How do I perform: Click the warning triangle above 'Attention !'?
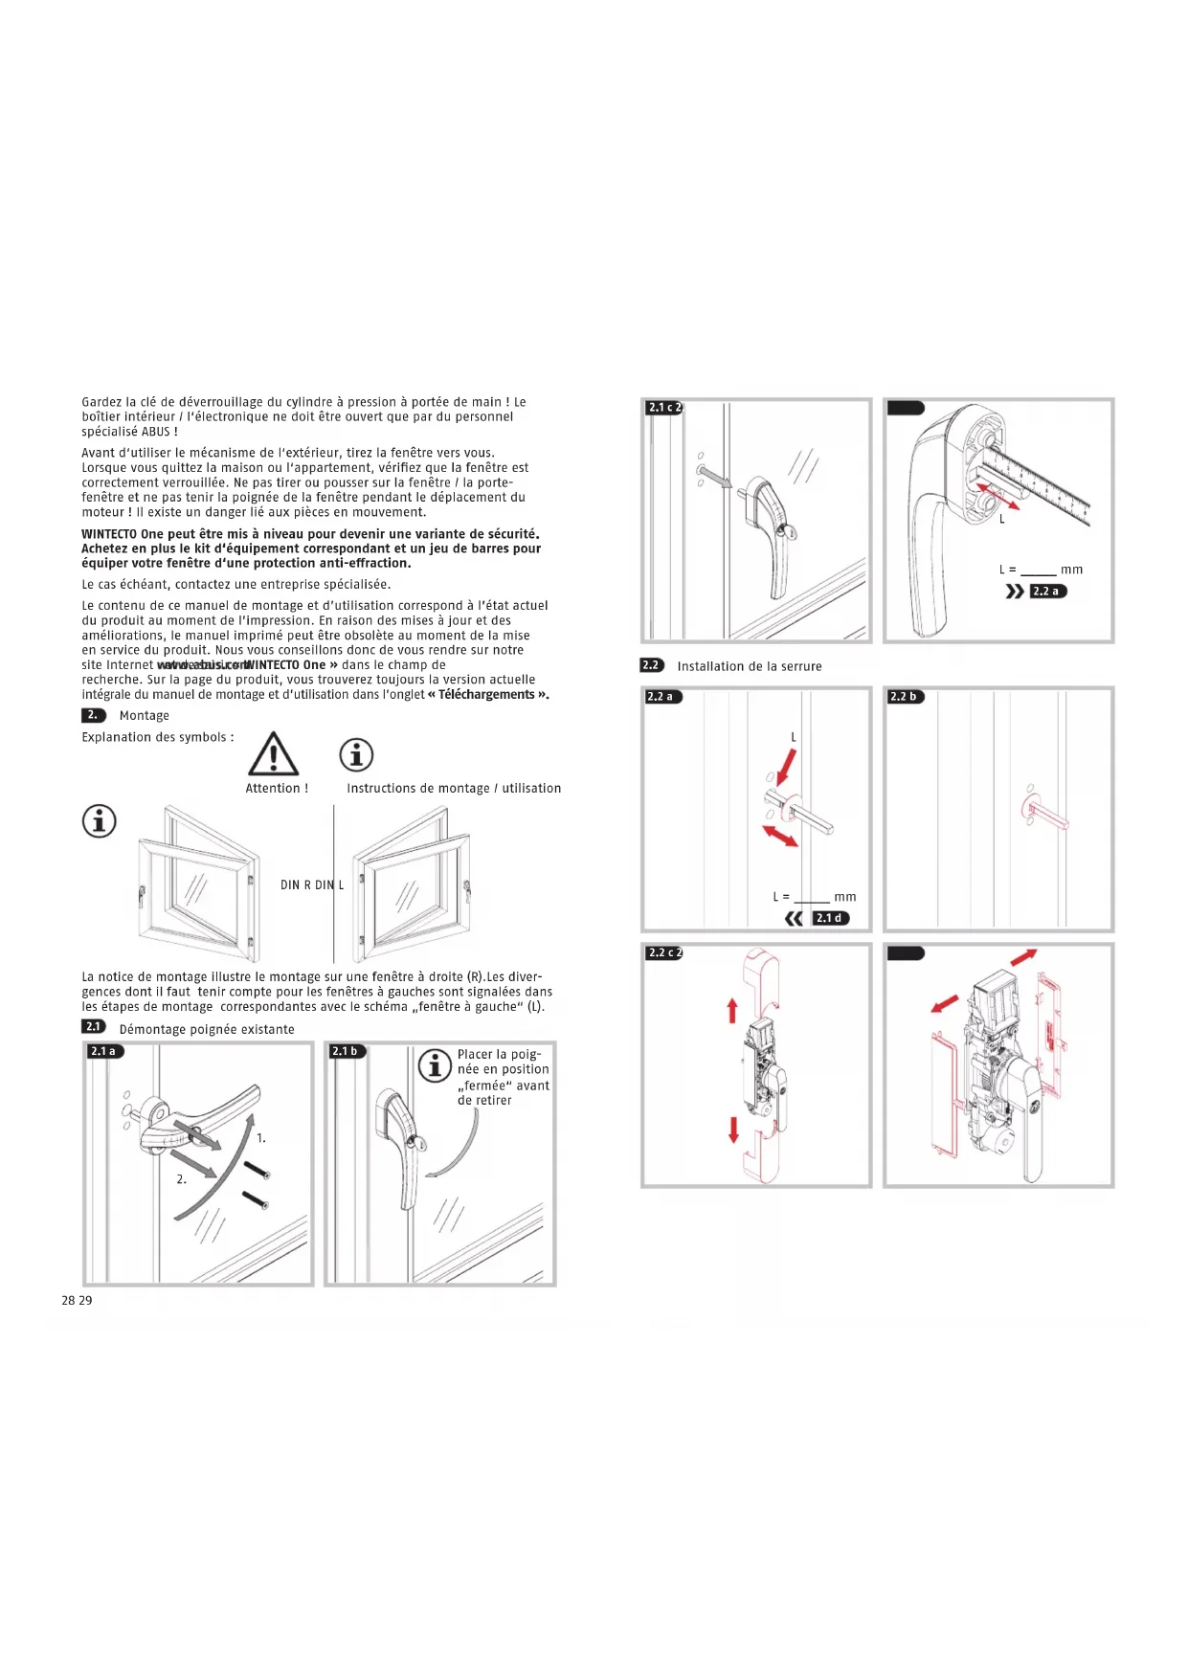point(273,754)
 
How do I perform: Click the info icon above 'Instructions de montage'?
point(356,755)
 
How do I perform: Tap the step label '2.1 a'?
point(103,1051)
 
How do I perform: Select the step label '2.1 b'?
point(345,1051)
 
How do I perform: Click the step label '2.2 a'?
point(661,697)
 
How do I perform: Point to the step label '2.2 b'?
point(904,697)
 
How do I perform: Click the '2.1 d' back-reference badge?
point(829,918)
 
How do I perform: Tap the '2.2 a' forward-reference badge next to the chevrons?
point(1046,592)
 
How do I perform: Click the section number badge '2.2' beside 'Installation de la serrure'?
point(651,665)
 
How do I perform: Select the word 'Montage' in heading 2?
point(144,716)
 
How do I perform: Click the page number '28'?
point(68,1300)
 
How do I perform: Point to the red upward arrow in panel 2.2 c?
point(732,1010)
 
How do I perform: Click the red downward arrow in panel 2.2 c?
point(733,1130)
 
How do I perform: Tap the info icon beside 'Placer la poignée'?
point(435,1064)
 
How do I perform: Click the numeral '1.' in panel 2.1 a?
point(261,1138)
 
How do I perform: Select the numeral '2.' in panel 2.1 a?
point(181,1179)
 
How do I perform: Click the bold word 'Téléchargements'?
point(486,695)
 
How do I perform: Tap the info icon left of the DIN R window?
point(100,820)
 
